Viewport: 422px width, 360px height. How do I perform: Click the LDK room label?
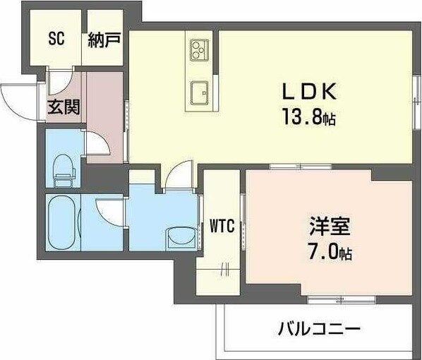pos(304,92)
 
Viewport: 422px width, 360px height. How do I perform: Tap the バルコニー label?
pos(319,328)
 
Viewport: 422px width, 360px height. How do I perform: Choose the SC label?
pos(56,39)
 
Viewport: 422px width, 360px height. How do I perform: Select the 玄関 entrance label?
pos(64,108)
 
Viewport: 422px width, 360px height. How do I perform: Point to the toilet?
pos(63,167)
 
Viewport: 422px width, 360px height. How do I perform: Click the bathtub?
pos(61,221)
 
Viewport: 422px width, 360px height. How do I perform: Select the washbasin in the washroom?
pos(175,238)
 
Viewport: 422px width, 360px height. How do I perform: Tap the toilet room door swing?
pos(96,145)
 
